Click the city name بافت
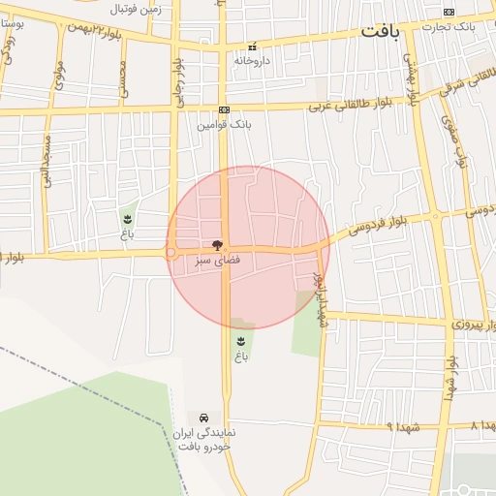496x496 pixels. [381, 31]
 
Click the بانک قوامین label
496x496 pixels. [224, 125]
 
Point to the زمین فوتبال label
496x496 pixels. [134, 10]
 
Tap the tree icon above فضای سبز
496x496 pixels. [216, 245]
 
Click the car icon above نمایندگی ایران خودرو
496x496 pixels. [203, 417]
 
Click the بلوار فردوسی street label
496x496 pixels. [360, 226]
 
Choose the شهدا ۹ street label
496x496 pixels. [401, 425]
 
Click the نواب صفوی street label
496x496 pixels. [454, 139]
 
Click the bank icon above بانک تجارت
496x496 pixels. [449, 11]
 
